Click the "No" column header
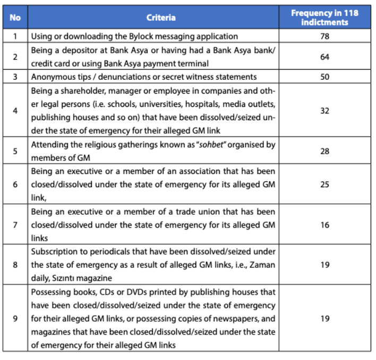pyautogui.click(x=15, y=18)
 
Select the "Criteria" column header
pyautogui.click(x=161, y=18)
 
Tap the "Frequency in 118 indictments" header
pyautogui.click(x=324, y=18)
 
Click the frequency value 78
pyautogui.click(x=324, y=36)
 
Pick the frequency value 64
pyautogui.click(x=324, y=56)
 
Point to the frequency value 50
pyautogui.click(x=324, y=77)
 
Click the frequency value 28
pyautogui.click(x=324, y=151)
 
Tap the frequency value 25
pyautogui.click(x=324, y=185)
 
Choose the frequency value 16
pyautogui.click(x=324, y=225)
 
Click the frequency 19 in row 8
pyautogui.click(x=324, y=265)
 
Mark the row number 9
pyautogui.click(x=15, y=319)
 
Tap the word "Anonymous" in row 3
pyautogui.click(x=52, y=77)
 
